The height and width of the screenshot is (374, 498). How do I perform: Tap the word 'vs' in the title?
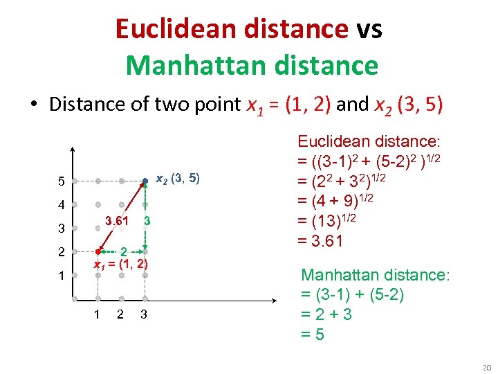tap(369, 29)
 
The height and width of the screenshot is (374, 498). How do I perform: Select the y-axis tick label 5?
tap(62, 182)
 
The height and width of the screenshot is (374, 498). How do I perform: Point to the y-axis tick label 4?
tap(62, 206)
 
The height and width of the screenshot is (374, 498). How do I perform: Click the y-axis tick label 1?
tap(62, 275)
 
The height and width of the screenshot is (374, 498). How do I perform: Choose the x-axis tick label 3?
tap(143, 315)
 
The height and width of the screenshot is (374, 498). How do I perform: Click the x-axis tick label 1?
tap(98, 315)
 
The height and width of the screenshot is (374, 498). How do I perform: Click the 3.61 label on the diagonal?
tap(116, 221)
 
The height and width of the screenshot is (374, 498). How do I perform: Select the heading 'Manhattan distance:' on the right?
tap(375, 275)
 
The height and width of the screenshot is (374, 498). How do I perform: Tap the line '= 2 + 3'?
tap(326, 315)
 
